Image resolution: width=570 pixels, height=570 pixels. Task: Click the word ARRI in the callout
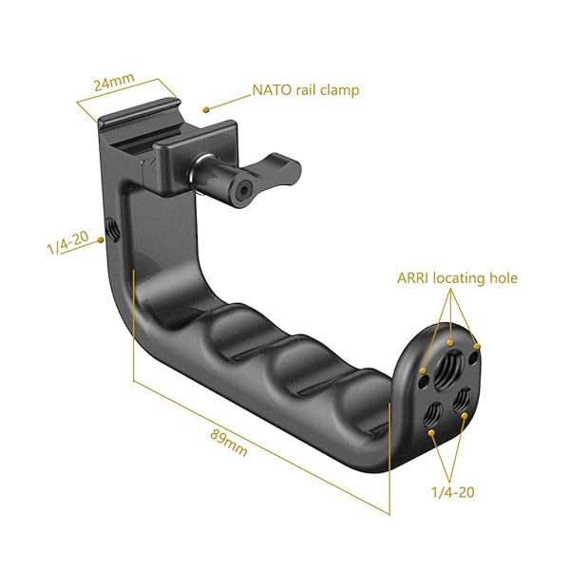coord(416,278)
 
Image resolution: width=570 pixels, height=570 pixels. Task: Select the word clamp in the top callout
coord(336,91)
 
